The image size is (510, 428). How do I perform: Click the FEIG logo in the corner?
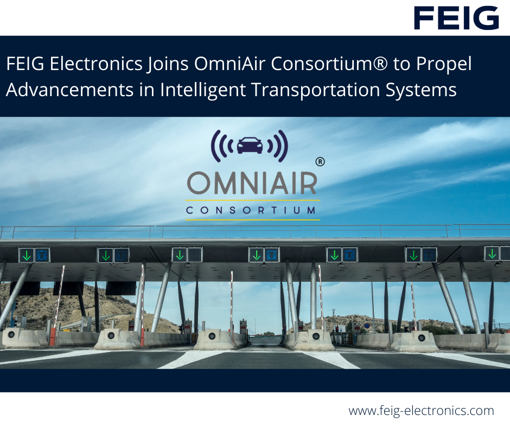click(x=456, y=18)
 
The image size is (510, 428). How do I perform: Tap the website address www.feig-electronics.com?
click(x=421, y=411)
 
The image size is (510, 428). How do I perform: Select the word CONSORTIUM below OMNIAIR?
click(x=252, y=210)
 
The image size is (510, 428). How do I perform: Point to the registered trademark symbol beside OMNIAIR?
click(x=320, y=161)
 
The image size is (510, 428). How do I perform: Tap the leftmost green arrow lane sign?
click(x=26, y=254)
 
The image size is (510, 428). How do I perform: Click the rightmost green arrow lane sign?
click(x=492, y=253)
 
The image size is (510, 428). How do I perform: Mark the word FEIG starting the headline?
click(x=25, y=65)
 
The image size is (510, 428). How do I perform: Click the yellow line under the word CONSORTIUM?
click(x=252, y=219)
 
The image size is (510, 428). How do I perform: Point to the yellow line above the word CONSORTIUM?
click(x=252, y=200)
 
